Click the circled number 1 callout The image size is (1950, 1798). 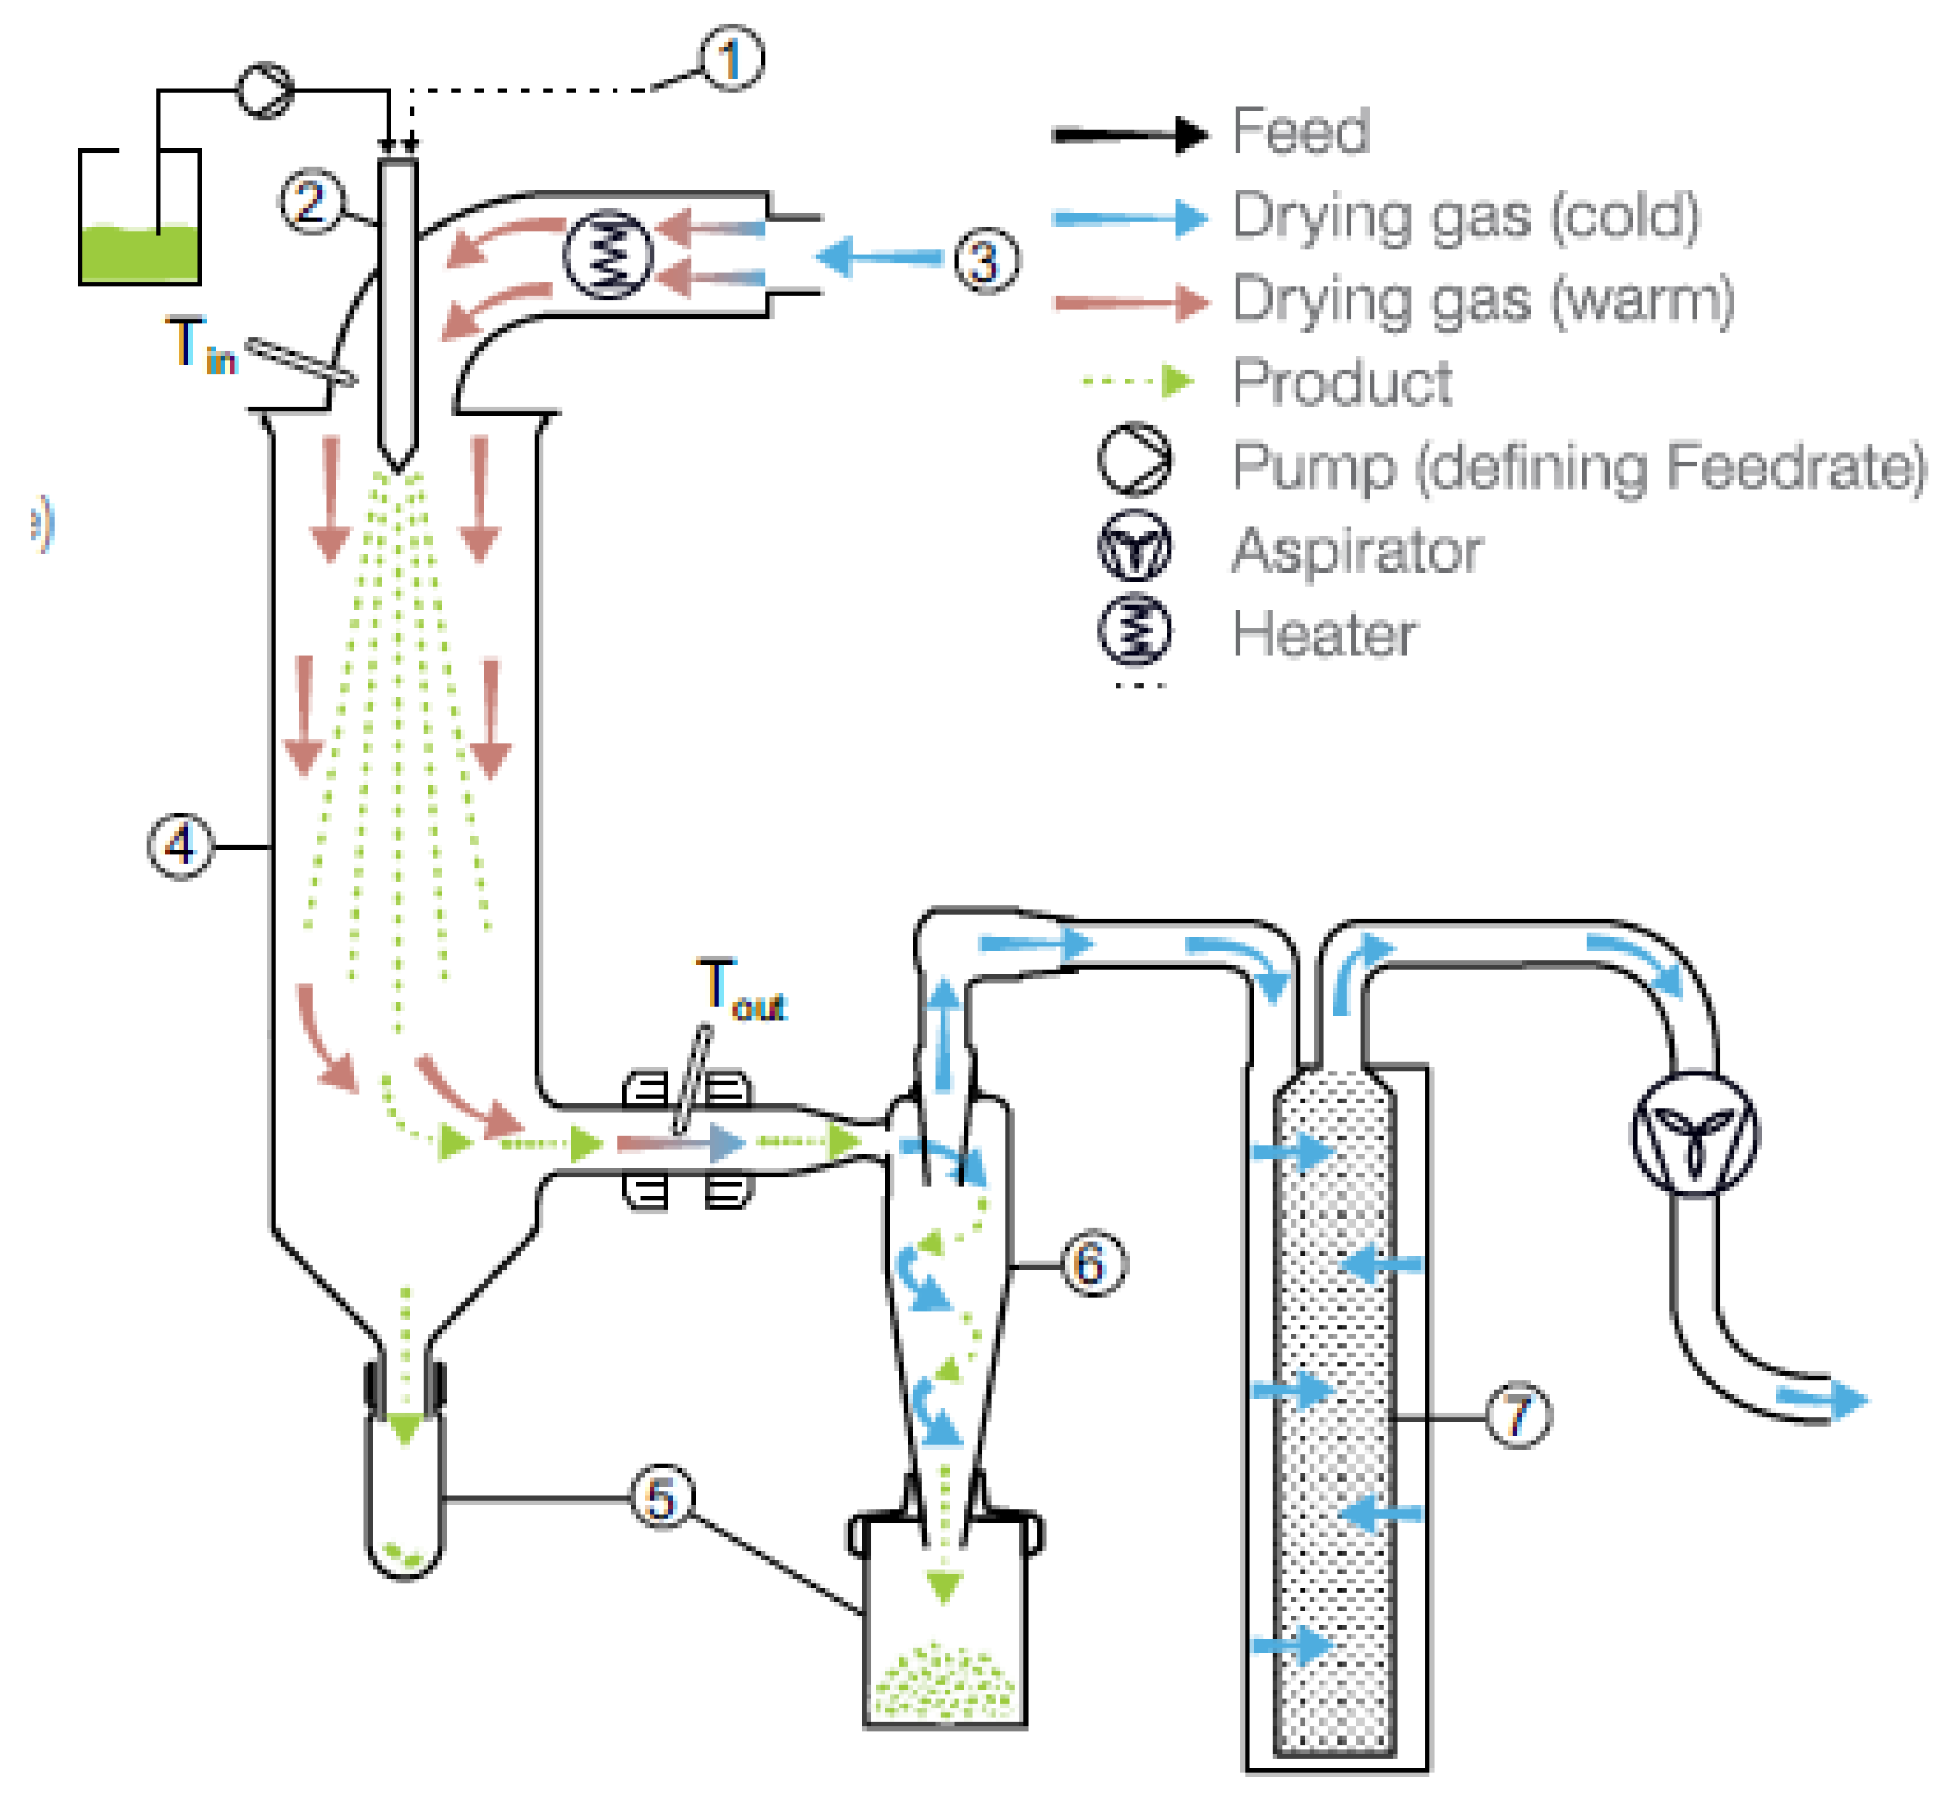732,59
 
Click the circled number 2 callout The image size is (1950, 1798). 310,202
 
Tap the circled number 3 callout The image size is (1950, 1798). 986,261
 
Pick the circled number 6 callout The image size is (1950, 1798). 1092,1264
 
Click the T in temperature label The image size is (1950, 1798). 200,345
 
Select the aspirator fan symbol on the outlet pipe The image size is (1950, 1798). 1694,1134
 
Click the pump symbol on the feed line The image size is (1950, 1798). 264,91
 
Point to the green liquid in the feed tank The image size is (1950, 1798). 138,254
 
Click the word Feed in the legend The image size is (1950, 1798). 1301,131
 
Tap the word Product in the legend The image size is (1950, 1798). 1342,382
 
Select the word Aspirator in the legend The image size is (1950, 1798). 1356,551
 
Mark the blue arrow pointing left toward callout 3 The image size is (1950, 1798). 879,258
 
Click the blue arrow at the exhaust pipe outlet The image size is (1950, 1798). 1822,1399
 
